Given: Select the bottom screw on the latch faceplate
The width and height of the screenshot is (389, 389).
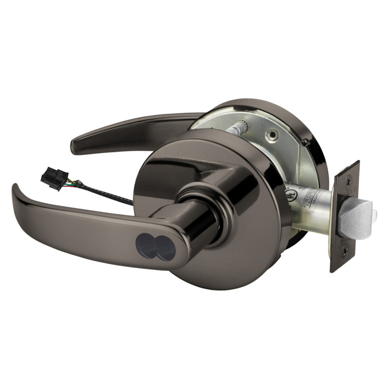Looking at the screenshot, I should pyautogui.click(x=345, y=252).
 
